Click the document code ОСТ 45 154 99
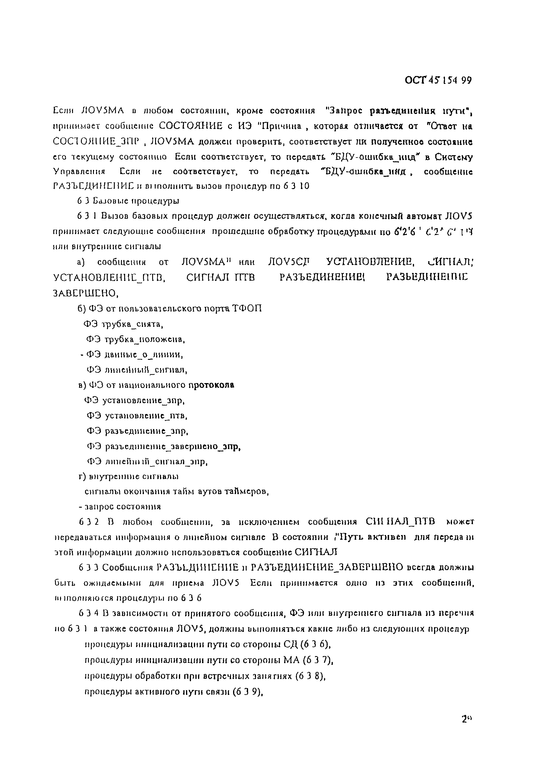click(x=438, y=81)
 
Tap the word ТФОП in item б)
click(x=247, y=309)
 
